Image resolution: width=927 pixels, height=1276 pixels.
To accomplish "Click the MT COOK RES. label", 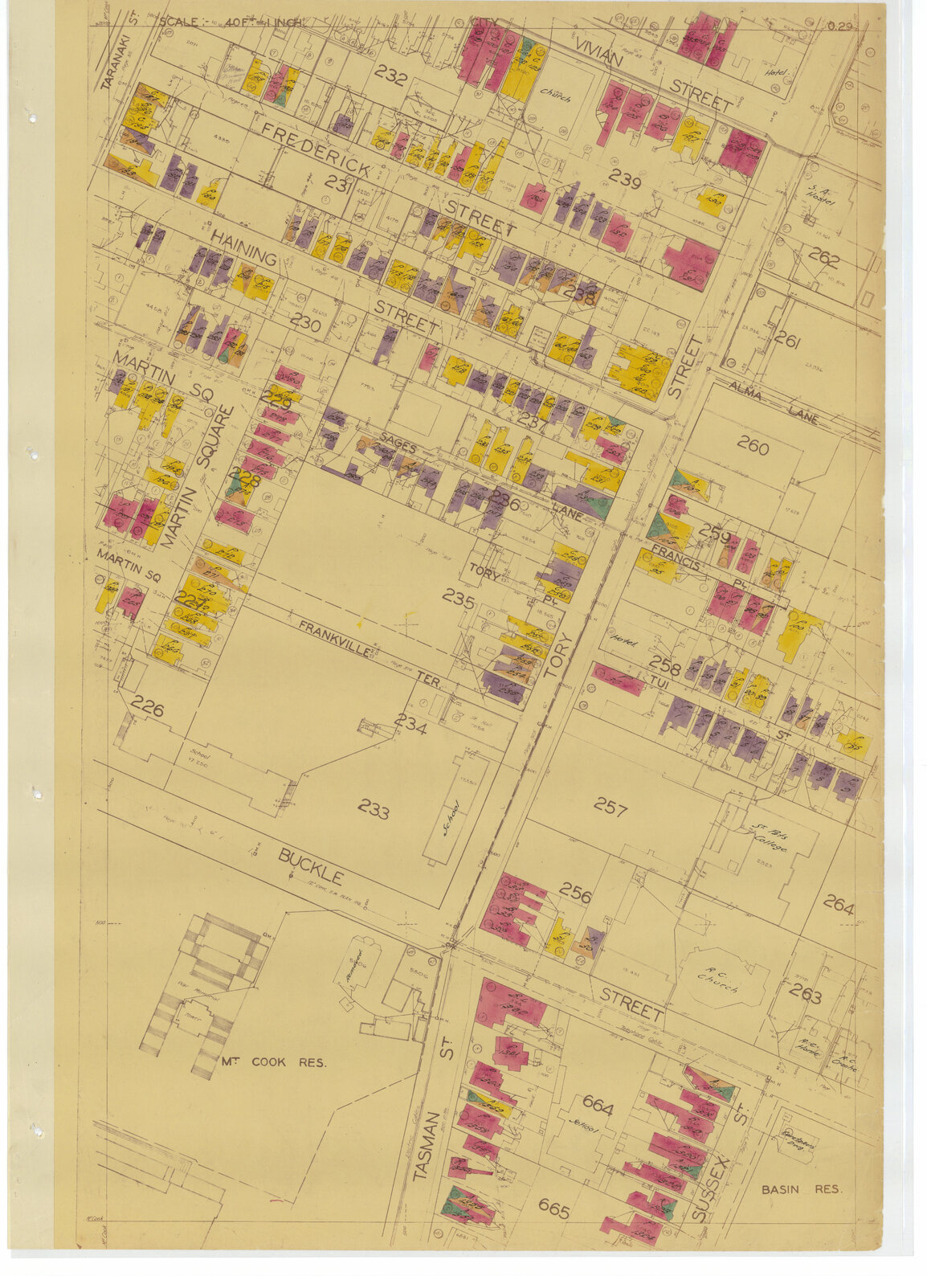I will [272, 1062].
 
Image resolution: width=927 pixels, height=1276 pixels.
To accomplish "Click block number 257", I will [610, 807].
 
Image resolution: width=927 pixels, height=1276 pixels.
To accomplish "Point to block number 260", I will [753, 448].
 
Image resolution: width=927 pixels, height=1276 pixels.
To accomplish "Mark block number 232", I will [390, 79].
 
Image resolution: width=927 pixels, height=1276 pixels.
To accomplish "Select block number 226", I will [148, 709].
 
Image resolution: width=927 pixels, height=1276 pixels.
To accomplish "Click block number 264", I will [838, 906].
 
